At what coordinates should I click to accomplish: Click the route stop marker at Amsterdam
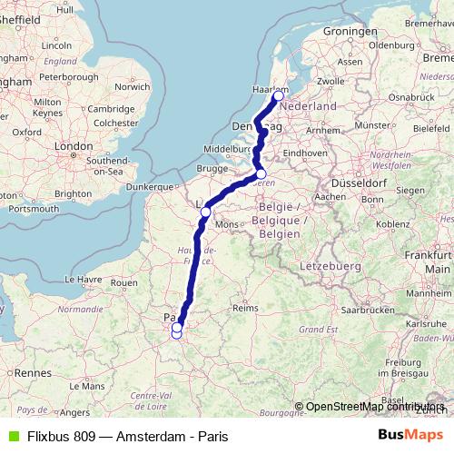click(x=278, y=95)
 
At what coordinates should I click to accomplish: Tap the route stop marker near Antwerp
click(x=261, y=174)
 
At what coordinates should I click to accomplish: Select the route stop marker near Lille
click(x=205, y=212)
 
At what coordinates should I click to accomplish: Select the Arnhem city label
click(x=321, y=130)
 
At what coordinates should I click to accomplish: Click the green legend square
click(x=11, y=435)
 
